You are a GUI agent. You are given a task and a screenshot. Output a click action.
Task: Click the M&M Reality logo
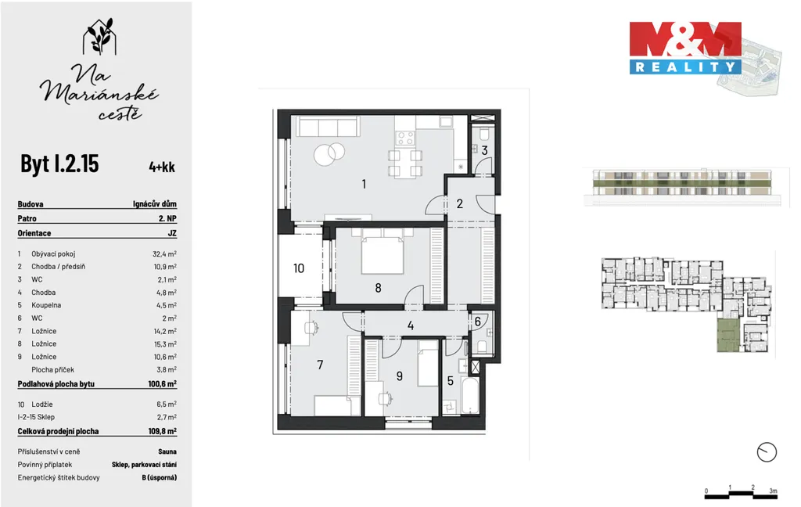tap(685, 48)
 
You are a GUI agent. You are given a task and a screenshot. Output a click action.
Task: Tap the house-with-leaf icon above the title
tap(99, 37)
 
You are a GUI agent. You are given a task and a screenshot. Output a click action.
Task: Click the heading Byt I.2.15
tap(59, 164)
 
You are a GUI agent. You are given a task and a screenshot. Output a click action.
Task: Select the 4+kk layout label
tap(162, 167)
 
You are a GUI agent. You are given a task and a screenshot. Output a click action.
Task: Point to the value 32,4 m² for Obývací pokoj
tap(164, 254)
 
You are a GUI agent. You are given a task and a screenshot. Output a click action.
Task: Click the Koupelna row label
tap(46, 305)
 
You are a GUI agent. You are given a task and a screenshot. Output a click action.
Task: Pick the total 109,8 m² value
tap(163, 431)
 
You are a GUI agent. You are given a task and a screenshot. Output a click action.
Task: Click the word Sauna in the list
tap(167, 451)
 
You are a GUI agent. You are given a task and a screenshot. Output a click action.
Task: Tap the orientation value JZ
tap(172, 234)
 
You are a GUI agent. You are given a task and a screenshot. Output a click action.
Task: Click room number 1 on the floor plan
tap(364, 184)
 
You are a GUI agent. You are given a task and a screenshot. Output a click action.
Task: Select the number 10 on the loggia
tap(299, 268)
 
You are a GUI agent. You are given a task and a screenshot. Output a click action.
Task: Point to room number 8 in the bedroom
tap(378, 288)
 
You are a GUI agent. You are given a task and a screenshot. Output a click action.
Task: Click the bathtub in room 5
tap(470, 395)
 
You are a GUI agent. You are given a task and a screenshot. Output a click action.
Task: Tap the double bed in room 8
tap(382, 251)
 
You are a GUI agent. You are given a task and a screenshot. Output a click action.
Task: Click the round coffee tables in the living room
tap(329, 153)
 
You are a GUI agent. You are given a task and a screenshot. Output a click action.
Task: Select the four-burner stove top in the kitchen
tap(406, 138)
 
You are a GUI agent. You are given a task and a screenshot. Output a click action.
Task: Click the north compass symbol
tap(767, 452)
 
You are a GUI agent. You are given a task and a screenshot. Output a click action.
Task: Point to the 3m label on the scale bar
tap(773, 491)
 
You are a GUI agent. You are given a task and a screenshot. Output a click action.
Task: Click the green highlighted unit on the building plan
tap(728, 335)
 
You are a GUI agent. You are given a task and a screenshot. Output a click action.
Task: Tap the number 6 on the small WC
tap(478, 322)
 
